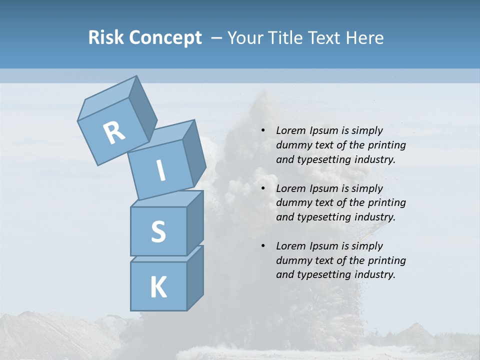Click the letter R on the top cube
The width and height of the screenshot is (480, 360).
[x=114, y=133]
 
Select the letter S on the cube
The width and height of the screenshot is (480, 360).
[x=158, y=231]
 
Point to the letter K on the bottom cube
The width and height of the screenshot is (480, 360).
[x=158, y=287]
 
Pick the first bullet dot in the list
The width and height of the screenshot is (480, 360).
[x=263, y=131]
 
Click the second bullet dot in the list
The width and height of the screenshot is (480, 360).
[x=263, y=188]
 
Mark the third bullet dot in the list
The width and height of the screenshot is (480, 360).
[x=263, y=246]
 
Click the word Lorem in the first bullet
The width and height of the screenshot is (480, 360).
[x=290, y=131]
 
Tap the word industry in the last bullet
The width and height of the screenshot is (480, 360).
[x=377, y=274]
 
